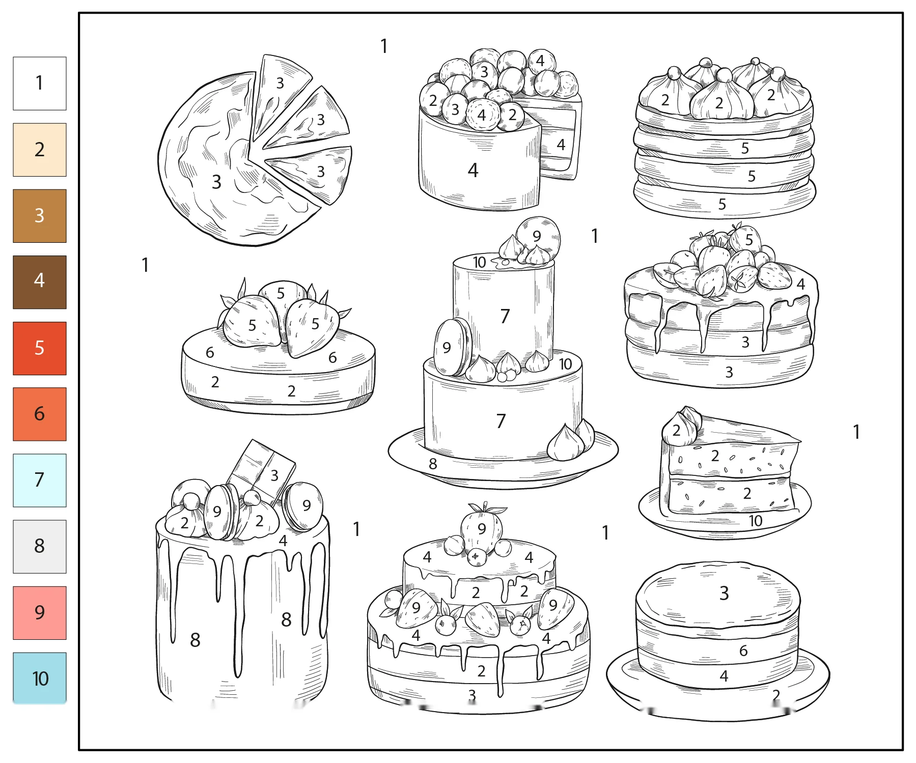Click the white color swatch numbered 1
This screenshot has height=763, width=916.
[40, 83]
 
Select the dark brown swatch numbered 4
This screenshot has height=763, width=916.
[40, 282]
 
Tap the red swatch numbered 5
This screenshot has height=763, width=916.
[40, 348]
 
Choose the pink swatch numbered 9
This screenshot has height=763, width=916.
[40, 613]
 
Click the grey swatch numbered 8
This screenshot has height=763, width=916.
[40, 547]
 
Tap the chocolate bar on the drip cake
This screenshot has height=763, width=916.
[261, 471]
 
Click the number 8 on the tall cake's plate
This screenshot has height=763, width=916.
[433, 464]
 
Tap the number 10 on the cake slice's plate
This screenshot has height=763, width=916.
[756, 521]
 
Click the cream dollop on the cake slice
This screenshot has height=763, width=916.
[681, 427]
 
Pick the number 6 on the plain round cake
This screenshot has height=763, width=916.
[743, 651]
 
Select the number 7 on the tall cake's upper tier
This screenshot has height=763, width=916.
[505, 316]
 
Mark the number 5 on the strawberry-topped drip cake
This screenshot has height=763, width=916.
[749, 240]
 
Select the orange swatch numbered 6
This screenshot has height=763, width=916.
[40, 414]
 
